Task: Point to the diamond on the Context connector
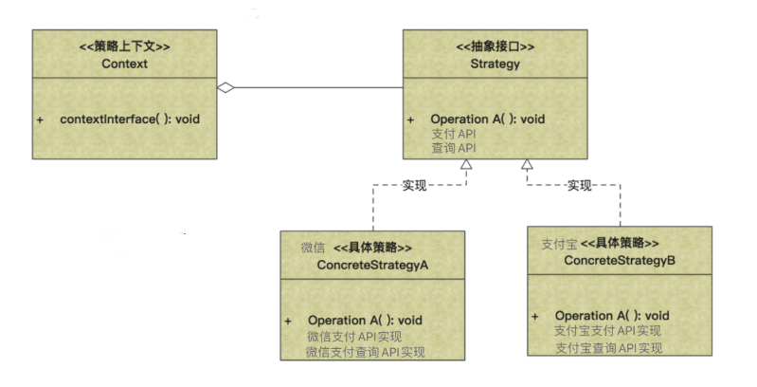[225, 89]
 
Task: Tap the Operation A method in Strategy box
[488, 120]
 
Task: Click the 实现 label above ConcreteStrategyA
[414, 184]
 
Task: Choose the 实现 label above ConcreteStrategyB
[579, 184]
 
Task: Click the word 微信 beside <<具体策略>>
[314, 248]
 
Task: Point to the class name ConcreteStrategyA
[372, 264]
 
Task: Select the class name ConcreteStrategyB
[620, 259]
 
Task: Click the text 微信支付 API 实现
[354, 336]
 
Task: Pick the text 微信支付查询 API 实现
[366, 351]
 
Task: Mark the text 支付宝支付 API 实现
[607, 331]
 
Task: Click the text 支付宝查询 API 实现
[607, 347]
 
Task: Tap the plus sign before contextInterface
[41, 120]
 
